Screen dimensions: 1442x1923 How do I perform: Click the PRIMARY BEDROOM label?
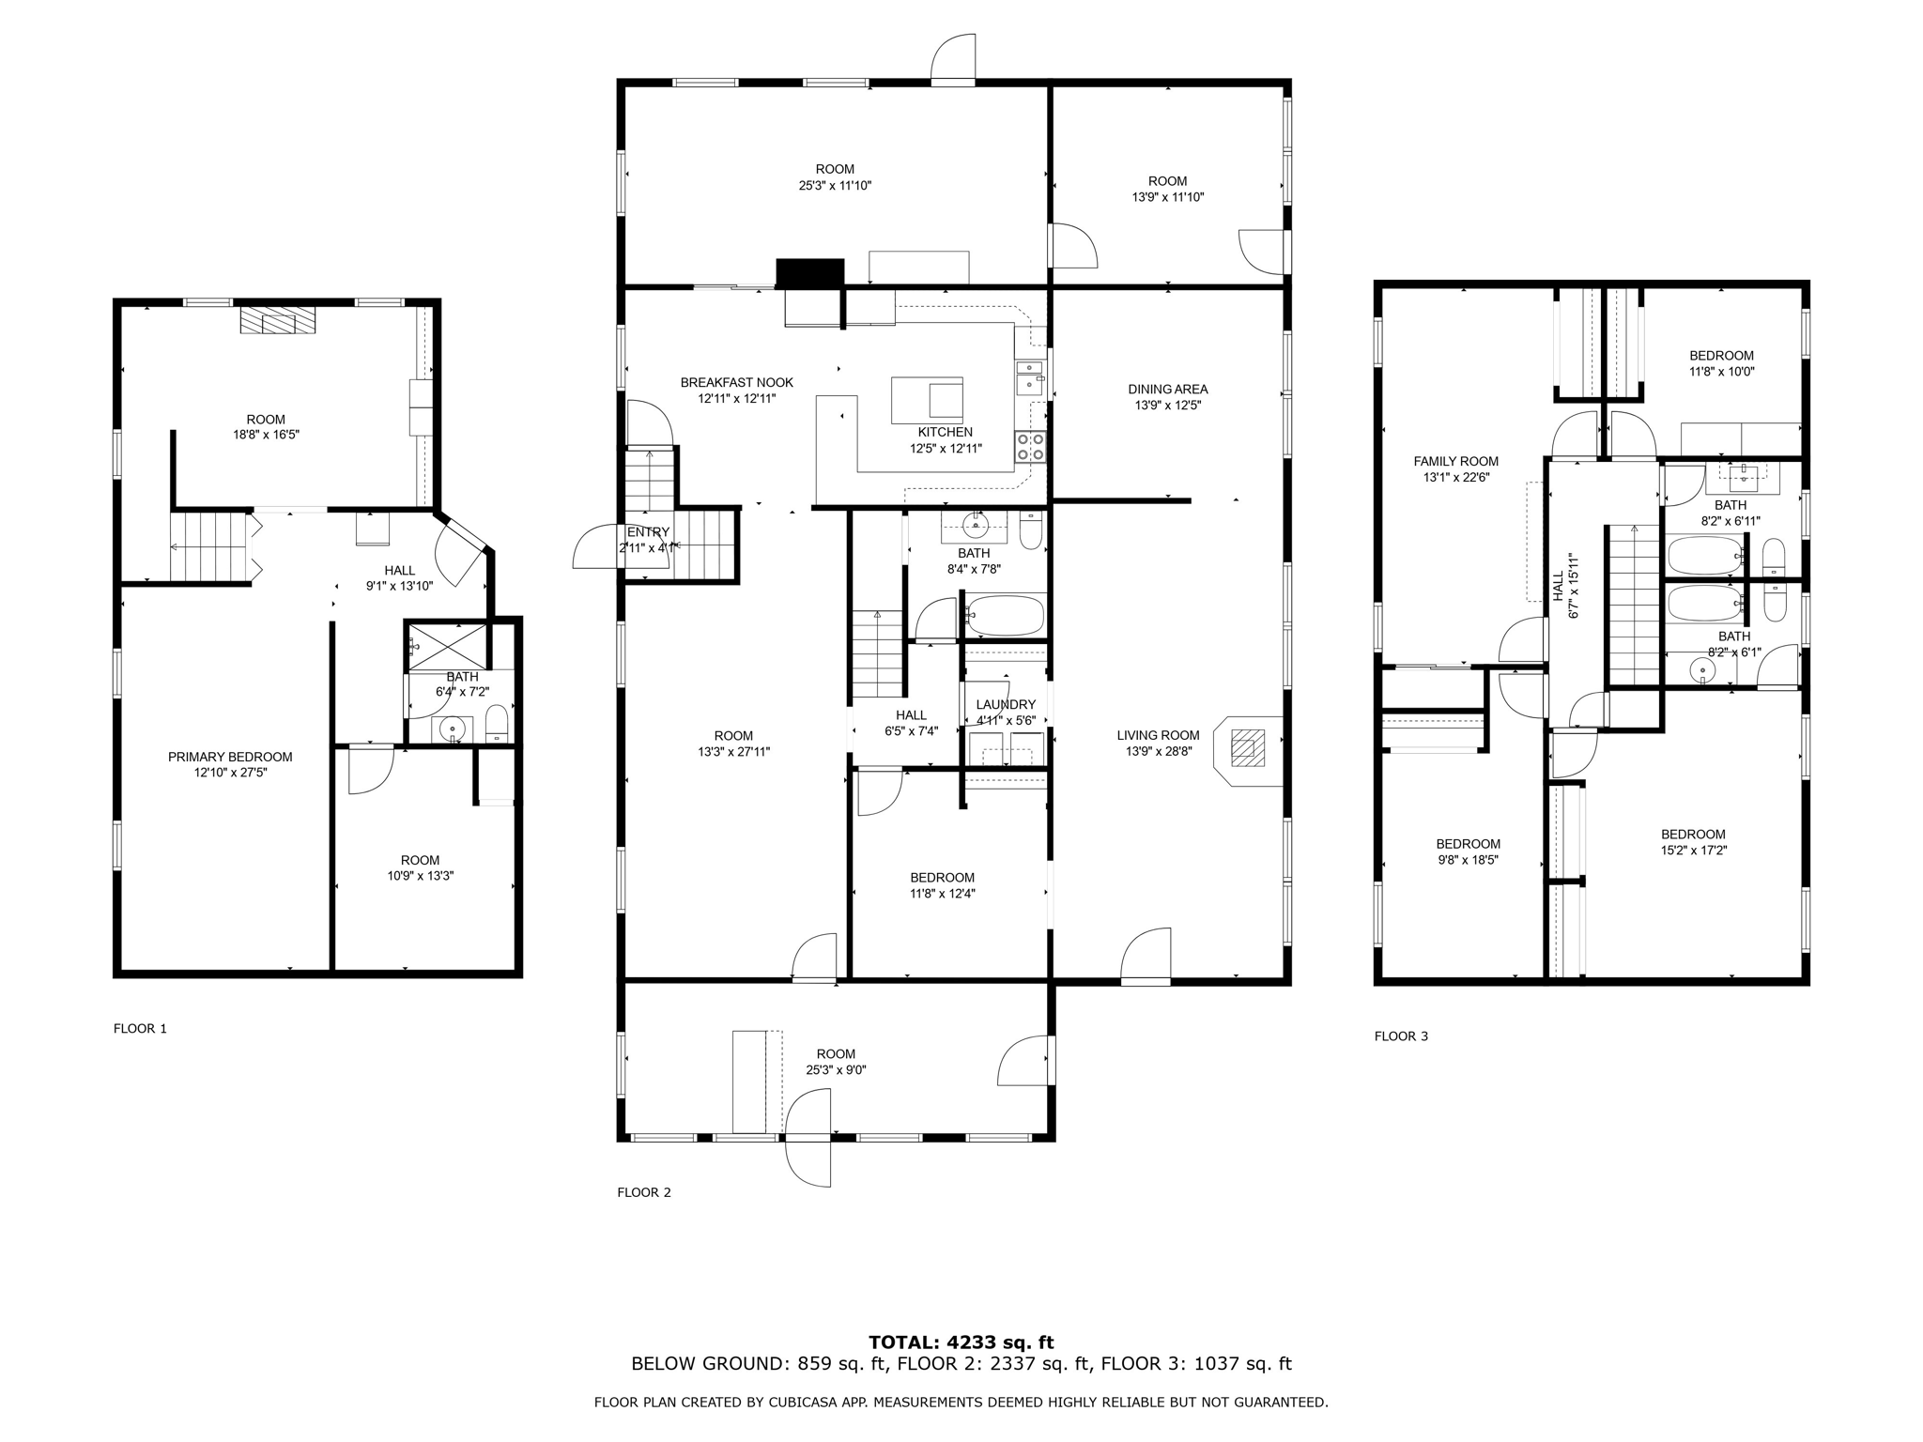click(230, 757)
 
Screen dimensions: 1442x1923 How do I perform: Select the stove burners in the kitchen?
click(1030, 447)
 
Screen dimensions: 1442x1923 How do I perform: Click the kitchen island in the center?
click(927, 400)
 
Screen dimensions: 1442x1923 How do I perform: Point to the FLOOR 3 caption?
click(1401, 1036)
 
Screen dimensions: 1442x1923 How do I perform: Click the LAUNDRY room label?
click(1006, 705)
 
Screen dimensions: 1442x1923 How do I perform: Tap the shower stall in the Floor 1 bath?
click(447, 646)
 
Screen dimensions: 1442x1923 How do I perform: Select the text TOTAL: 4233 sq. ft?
click(961, 1342)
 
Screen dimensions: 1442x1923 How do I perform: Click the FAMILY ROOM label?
click(1455, 461)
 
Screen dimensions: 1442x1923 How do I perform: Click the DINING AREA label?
click(1167, 389)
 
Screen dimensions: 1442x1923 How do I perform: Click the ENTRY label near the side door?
click(648, 532)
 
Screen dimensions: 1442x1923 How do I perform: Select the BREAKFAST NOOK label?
click(736, 382)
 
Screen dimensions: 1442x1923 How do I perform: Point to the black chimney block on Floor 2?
click(809, 272)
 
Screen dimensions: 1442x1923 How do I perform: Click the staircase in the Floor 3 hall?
click(1634, 606)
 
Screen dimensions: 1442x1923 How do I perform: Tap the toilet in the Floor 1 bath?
click(497, 724)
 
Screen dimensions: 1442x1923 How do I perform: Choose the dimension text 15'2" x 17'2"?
click(1693, 851)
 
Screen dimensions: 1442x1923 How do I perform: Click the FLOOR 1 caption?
click(140, 1028)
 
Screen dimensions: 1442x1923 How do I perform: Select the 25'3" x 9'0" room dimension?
click(835, 1069)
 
